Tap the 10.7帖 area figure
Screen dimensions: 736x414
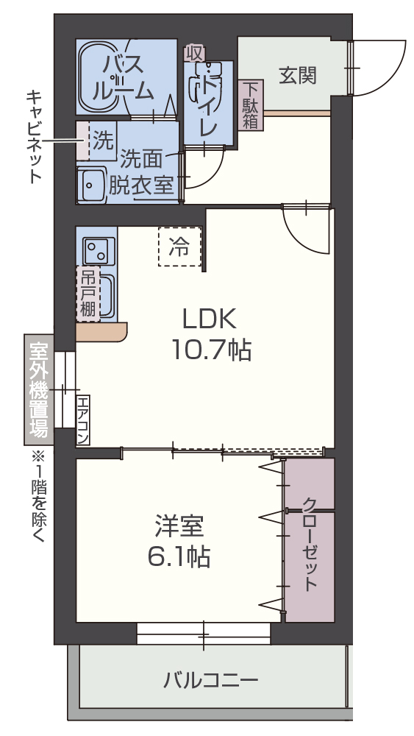[211, 349]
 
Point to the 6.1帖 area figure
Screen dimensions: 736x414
[179, 556]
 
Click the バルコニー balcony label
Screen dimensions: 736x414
[211, 679]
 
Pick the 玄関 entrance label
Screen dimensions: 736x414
[297, 74]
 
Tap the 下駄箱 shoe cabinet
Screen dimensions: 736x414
[251, 104]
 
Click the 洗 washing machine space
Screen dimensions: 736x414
[102, 138]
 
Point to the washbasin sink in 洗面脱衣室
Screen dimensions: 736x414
[92, 183]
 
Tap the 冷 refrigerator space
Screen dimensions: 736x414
[179, 247]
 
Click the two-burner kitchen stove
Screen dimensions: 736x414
[96, 251]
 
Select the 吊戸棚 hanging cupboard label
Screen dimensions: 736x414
[88, 294]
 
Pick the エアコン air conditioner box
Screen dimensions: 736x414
[82, 420]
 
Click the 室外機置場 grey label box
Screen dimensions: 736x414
[38, 389]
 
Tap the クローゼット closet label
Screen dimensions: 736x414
[310, 544]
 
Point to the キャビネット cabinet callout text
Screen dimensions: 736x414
[33, 136]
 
